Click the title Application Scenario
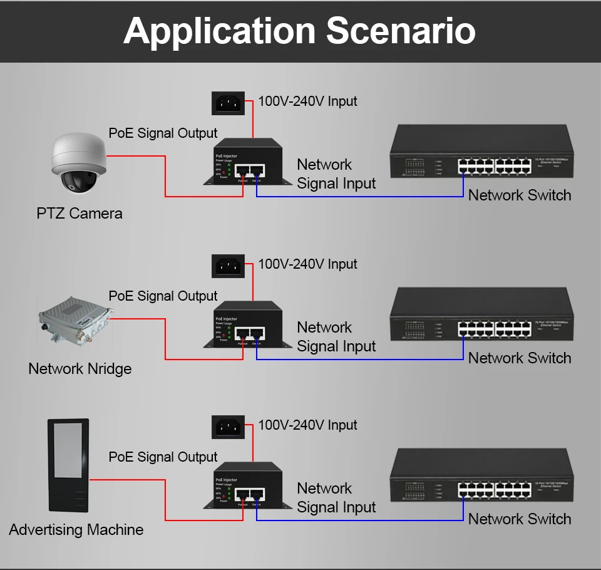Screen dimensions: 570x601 coord(299,31)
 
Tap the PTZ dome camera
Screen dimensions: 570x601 coord(78,164)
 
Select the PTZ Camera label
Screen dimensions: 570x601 coord(80,214)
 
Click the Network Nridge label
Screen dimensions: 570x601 coord(80,368)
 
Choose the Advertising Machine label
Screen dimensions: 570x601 coord(76,530)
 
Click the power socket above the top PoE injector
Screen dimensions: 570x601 coord(228,102)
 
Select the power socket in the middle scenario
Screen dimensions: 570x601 coord(228,266)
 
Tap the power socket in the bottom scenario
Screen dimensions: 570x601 coord(228,427)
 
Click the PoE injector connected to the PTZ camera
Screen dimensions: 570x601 coord(244,162)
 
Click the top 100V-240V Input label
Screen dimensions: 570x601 coord(307,101)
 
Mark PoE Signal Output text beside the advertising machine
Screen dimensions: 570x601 coord(163,457)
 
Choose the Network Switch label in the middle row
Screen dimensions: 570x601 coord(520,358)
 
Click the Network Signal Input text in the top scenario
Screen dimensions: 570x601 coord(336,174)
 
